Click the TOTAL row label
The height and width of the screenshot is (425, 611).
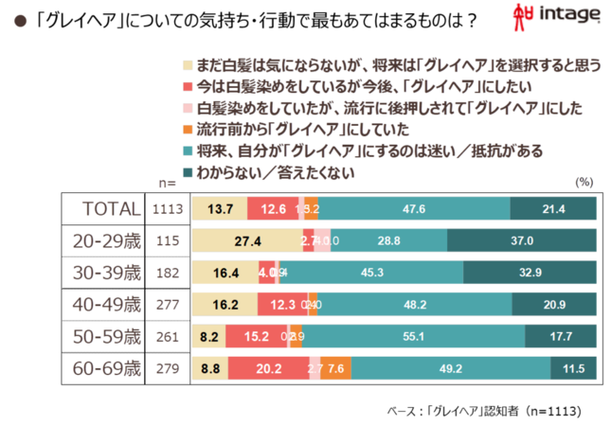[112, 209]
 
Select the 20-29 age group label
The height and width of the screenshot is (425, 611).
[107, 241]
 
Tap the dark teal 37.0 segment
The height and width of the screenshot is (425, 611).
[523, 241]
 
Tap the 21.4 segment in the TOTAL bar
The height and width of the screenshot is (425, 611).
[554, 209]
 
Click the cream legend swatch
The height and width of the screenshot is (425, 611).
[187, 66]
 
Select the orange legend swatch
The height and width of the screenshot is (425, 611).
[187, 129]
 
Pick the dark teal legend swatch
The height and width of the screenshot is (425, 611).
[187, 171]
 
